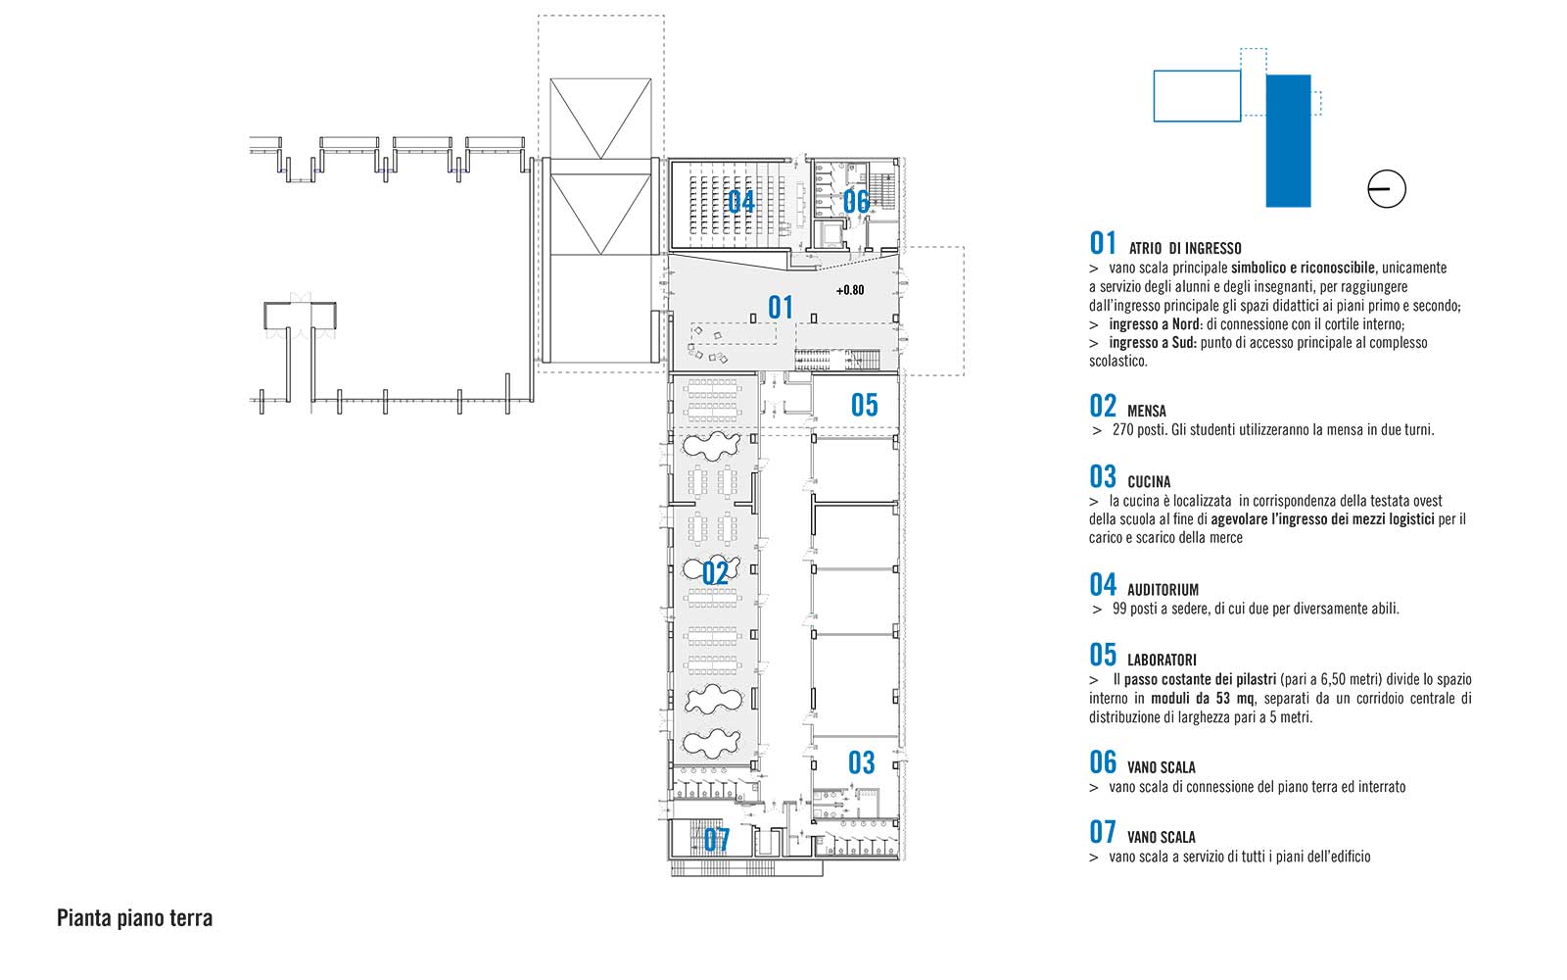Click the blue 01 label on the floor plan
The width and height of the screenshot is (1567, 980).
[780, 308]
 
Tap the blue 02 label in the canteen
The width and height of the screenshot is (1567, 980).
[715, 573]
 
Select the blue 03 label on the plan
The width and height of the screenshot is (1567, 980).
[861, 763]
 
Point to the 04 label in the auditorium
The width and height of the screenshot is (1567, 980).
[740, 202]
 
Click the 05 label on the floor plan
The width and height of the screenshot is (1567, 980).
[864, 406]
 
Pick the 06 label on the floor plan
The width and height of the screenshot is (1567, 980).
[856, 202]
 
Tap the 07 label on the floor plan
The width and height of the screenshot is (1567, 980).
[716, 840]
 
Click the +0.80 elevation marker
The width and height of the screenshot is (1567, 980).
[850, 290]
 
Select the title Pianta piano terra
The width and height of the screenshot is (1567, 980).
[134, 918]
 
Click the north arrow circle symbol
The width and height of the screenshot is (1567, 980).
[1386, 189]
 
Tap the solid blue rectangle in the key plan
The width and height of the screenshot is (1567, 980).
[1288, 141]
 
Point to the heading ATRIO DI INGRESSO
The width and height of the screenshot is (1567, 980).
[1185, 249]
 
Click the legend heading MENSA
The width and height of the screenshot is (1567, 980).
[1147, 411]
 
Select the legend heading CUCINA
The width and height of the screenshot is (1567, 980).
[1149, 482]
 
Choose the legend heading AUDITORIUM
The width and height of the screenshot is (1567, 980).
[1163, 590]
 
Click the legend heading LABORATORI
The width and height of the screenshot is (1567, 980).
[1162, 661]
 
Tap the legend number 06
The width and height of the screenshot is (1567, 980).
[1103, 763]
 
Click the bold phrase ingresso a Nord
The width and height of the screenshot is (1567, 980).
[1155, 324]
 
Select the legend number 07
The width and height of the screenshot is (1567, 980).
[1103, 833]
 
